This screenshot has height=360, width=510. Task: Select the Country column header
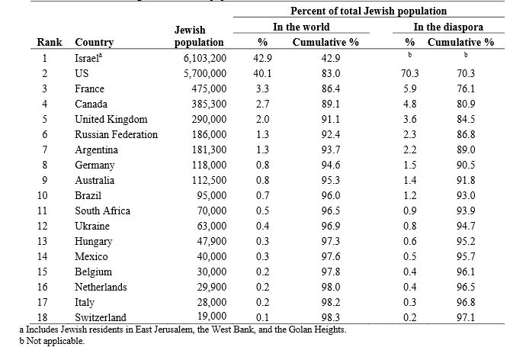(95, 43)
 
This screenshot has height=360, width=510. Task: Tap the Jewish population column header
(200, 37)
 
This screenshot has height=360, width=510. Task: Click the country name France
(90, 88)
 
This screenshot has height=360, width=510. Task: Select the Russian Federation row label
(116, 134)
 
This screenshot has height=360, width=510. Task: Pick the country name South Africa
(102, 211)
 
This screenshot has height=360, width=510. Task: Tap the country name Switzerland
(101, 317)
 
